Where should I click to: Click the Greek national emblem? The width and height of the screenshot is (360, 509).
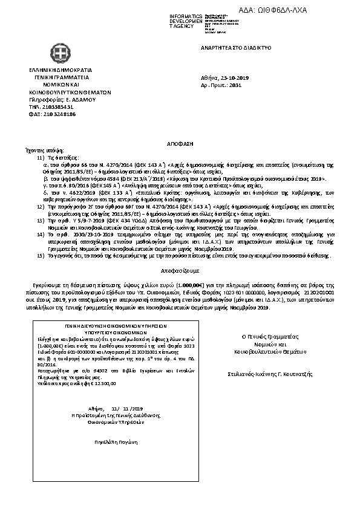pyautogui.click(x=59, y=56)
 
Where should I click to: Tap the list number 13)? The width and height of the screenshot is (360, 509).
pyautogui.click(x=41, y=221)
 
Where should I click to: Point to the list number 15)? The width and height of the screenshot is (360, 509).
pyautogui.click(x=41, y=256)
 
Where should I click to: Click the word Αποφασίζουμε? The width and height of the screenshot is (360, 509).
pyautogui.click(x=180, y=272)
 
